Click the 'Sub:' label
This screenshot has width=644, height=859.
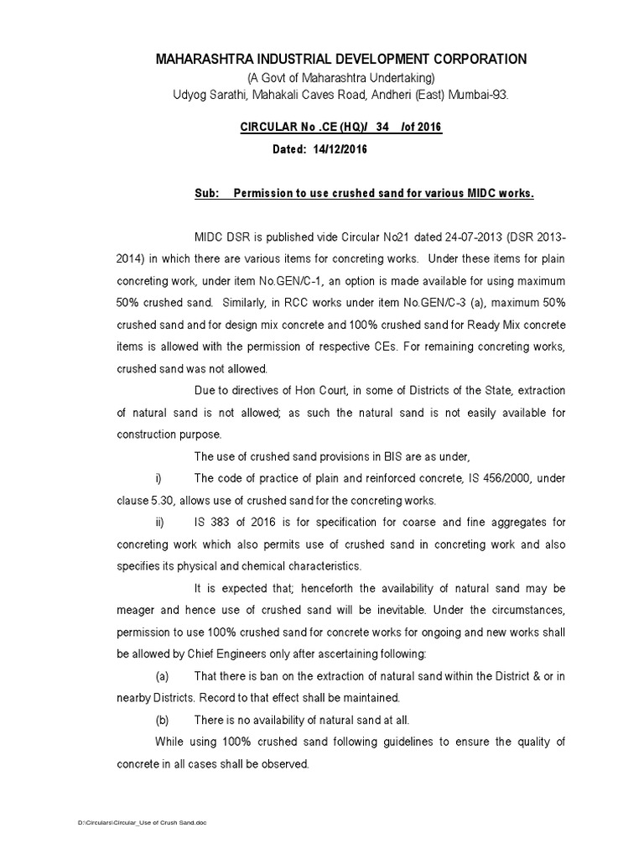(206, 194)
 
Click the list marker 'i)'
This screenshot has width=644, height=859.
(158, 478)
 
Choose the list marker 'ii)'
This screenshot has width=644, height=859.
(158, 522)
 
